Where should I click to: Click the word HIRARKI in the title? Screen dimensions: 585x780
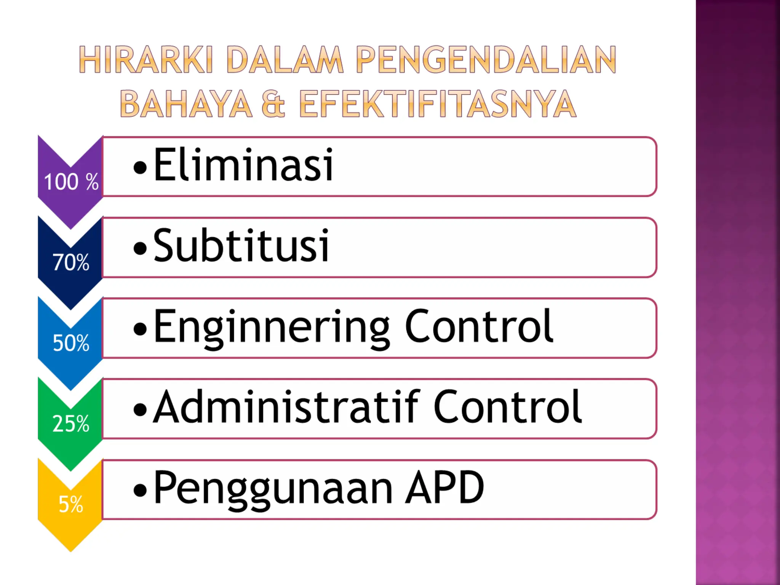tap(145, 59)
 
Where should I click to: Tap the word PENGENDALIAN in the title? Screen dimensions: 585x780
tap(486, 59)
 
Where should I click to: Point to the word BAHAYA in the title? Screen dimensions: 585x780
tap(186, 104)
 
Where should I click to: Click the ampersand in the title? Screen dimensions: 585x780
tap(273, 104)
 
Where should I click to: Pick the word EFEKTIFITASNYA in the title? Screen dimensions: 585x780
tap(437, 104)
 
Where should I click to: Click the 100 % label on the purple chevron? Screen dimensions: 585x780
tap(71, 182)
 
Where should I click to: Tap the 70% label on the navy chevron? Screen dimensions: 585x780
tap(71, 262)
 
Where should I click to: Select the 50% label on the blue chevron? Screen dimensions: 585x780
tap(71, 343)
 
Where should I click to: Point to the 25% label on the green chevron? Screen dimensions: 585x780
tap(71, 424)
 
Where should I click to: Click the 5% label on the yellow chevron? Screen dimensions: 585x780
tap(71, 504)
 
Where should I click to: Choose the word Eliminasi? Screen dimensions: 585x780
tap(243, 165)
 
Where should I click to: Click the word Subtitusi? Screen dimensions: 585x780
tap(241, 246)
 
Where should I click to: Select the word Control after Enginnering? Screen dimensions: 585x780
tap(479, 326)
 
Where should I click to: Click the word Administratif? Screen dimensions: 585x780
tap(286, 407)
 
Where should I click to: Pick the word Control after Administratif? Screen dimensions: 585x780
tap(507, 407)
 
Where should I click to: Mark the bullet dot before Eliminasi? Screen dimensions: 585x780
tap(140, 168)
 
